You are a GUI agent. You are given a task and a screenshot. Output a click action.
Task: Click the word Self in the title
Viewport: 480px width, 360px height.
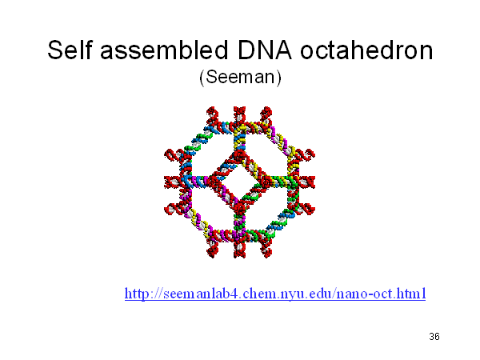[x=70, y=50]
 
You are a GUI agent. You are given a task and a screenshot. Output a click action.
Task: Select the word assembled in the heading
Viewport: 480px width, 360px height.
[x=164, y=50]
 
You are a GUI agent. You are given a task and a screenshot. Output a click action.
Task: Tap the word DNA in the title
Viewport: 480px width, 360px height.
[x=264, y=50]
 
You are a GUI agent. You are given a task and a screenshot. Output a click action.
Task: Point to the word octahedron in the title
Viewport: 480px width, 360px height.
[x=366, y=50]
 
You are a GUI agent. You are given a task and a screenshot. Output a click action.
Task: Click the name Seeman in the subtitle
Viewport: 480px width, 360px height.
[x=240, y=77]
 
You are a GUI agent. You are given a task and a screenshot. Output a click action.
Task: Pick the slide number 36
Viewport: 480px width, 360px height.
[x=434, y=337]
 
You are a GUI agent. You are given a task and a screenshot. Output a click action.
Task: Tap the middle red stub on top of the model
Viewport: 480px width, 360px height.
[x=239, y=115]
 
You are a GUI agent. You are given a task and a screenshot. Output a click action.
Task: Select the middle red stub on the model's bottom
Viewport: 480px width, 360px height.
[x=239, y=249]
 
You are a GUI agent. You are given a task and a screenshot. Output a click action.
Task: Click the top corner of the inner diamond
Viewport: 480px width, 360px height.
[x=240, y=154]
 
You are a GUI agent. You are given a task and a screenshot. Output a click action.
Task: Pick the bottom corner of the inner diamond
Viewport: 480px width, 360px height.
[x=240, y=209]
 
